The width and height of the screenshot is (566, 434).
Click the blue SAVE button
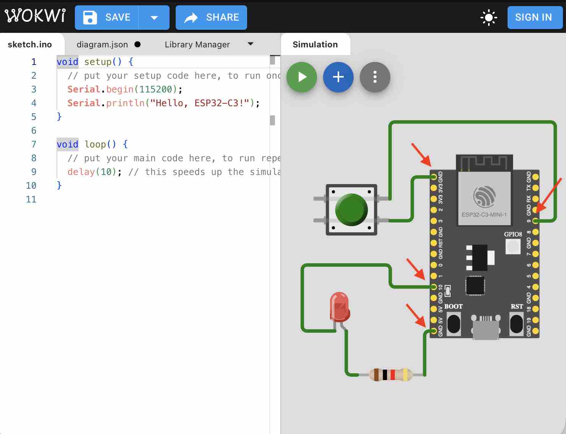pyautogui.click(x=107, y=18)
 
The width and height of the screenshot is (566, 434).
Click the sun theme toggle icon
pyautogui.click(x=488, y=18)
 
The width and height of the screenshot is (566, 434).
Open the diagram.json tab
pyautogui.click(x=102, y=45)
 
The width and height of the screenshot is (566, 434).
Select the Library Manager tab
pyautogui.click(x=197, y=45)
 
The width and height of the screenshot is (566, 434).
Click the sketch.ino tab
pyautogui.click(x=30, y=45)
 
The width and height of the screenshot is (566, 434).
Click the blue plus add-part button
pyautogui.click(x=338, y=77)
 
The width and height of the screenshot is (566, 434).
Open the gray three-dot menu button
pyautogui.click(x=375, y=77)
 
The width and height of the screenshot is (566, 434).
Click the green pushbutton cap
pyautogui.click(x=351, y=209)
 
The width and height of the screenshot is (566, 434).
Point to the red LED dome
pyautogui.click(x=339, y=305)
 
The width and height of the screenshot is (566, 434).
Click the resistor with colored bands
pyautogui.click(x=391, y=375)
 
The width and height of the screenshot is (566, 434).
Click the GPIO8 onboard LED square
pyautogui.click(x=513, y=246)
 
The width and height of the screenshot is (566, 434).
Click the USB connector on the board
pyautogui.click(x=486, y=328)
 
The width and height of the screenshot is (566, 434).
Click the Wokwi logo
pyautogui.click(x=35, y=16)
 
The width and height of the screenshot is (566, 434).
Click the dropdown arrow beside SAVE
pyautogui.click(x=154, y=18)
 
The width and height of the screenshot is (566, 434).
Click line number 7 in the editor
pyautogui.click(x=34, y=144)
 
